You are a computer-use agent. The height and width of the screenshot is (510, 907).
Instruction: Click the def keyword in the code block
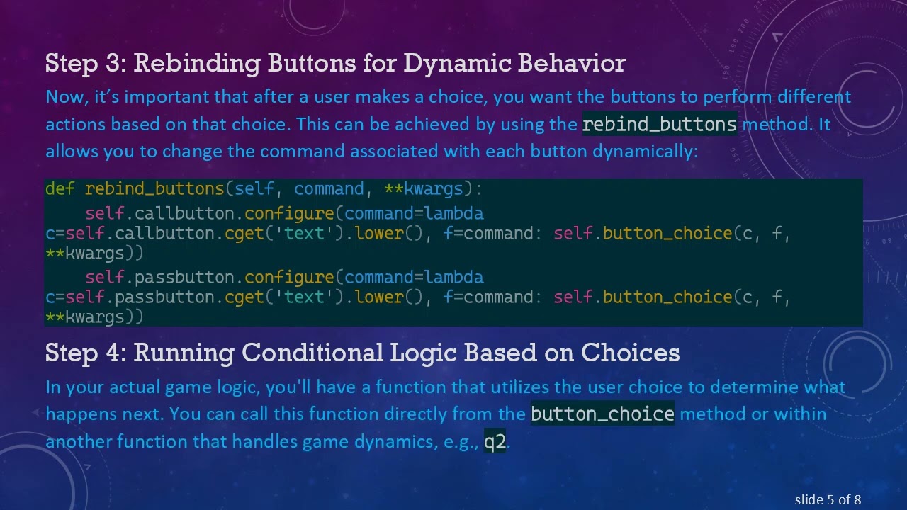point(60,189)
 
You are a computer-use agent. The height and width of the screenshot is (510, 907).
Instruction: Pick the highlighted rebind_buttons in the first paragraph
point(660,125)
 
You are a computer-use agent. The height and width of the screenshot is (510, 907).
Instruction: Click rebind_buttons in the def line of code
point(154,189)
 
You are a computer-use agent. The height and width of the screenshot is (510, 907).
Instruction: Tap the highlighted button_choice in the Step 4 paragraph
point(602,414)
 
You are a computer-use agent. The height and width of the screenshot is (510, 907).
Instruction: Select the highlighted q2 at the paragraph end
point(495,442)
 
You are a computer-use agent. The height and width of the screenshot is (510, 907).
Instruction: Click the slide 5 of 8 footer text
point(828,500)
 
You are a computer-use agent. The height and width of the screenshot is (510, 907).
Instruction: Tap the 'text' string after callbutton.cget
point(304,234)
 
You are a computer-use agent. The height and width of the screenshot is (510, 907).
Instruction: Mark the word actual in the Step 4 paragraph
point(133,387)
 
